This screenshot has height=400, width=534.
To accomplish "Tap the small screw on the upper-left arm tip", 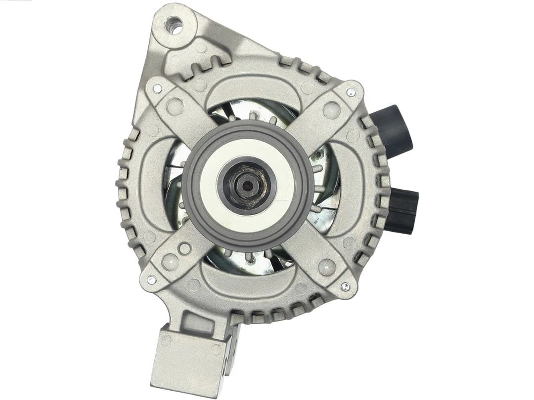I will [157, 89].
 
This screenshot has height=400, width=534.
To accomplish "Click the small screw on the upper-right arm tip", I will [351, 92].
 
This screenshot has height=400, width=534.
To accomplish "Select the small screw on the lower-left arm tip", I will [151, 280].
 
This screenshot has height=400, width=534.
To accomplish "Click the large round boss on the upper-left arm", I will [174, 105].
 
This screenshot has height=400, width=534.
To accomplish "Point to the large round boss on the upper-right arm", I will [331, 108].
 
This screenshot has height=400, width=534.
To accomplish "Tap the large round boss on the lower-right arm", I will [326, 267].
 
